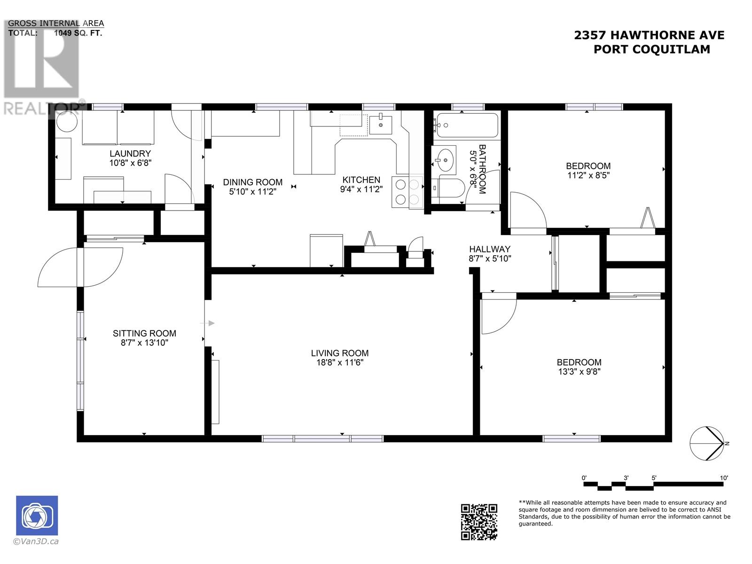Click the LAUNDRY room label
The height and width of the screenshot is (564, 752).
click(x=130, y=154)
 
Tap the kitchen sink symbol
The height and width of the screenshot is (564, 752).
click(x=380, y=125)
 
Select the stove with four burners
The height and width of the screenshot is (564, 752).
click(x=407, y=193)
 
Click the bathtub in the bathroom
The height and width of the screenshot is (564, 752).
click(x=465, y=125)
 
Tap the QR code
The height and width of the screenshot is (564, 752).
click(x=479, y=522)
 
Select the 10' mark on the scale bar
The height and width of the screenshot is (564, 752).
click(x=724, y=478)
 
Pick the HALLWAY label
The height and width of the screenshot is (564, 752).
click(x=490, y=249)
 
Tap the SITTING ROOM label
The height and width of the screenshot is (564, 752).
click(x=144, y=333)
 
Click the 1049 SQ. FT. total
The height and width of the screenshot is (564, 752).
click(x=78, y=33)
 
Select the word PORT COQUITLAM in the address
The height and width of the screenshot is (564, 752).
click(x=651, y=49)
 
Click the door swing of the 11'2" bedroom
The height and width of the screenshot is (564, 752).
click(x=526, y=211)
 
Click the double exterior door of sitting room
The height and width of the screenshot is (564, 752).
click(x=80, y=267)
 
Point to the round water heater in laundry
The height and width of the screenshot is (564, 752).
click(x=67, y=124)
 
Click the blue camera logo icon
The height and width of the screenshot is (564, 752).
click(x=37, y=516)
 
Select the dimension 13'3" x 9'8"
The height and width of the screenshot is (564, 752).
click(x=579, y=371)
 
